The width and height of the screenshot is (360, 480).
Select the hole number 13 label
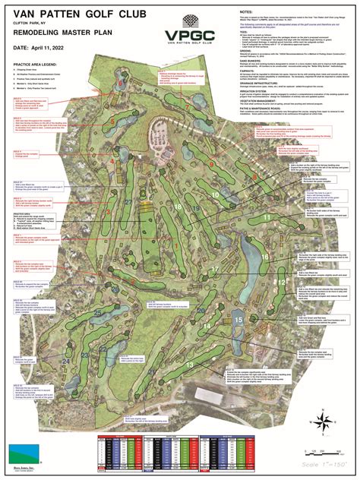point(190,365)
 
